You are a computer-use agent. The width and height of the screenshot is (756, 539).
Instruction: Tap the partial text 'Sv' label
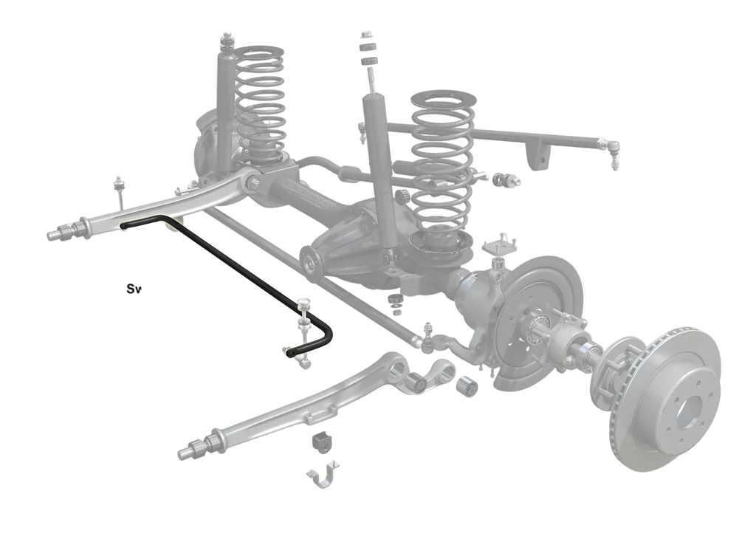pos(134,289)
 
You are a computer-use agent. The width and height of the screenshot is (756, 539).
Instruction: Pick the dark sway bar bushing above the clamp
pos(322,442)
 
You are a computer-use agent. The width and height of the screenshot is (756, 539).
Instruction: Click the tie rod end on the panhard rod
pos(609,149)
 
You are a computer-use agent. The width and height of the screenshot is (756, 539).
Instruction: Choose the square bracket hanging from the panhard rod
pos(537,154)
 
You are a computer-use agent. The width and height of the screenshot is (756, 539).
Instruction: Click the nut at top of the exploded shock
pos(365,35)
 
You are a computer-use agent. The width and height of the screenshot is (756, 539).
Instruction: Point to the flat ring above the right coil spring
pos(444,98)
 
